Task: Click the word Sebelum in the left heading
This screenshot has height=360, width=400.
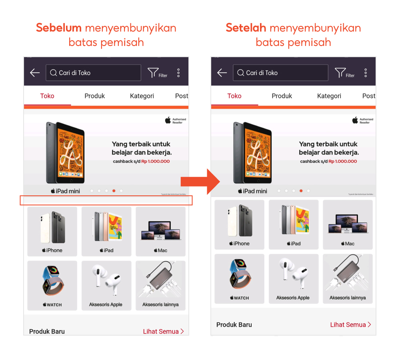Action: click(59, 28)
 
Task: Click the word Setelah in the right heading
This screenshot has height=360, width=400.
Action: click(246, 28)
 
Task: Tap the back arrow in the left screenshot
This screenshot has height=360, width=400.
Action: click(35, 73)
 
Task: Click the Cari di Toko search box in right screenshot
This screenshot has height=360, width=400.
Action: click(280, 73)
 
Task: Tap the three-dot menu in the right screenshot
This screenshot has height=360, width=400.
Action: click(366, 73)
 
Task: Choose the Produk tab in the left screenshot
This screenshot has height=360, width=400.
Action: click(95, 96)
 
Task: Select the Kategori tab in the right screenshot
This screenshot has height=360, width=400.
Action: click(329, 96)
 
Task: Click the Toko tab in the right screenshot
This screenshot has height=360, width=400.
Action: click(234, 96)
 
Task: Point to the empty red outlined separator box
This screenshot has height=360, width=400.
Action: click(106, 201)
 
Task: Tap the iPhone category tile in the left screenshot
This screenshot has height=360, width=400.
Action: click(52, 231)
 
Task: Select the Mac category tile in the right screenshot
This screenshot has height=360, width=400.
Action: click(348, 225)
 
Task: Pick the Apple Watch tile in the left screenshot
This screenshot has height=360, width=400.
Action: click(52, 285)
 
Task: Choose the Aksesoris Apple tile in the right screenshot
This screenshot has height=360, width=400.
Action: click(293, 278)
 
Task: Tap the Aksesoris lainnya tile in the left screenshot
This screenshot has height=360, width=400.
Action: click(160, 285)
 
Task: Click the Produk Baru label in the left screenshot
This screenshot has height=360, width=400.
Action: click(47, 331)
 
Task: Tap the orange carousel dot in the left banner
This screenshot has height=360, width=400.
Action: click(114, 191)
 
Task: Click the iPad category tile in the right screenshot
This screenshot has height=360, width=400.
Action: click(293, 225)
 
